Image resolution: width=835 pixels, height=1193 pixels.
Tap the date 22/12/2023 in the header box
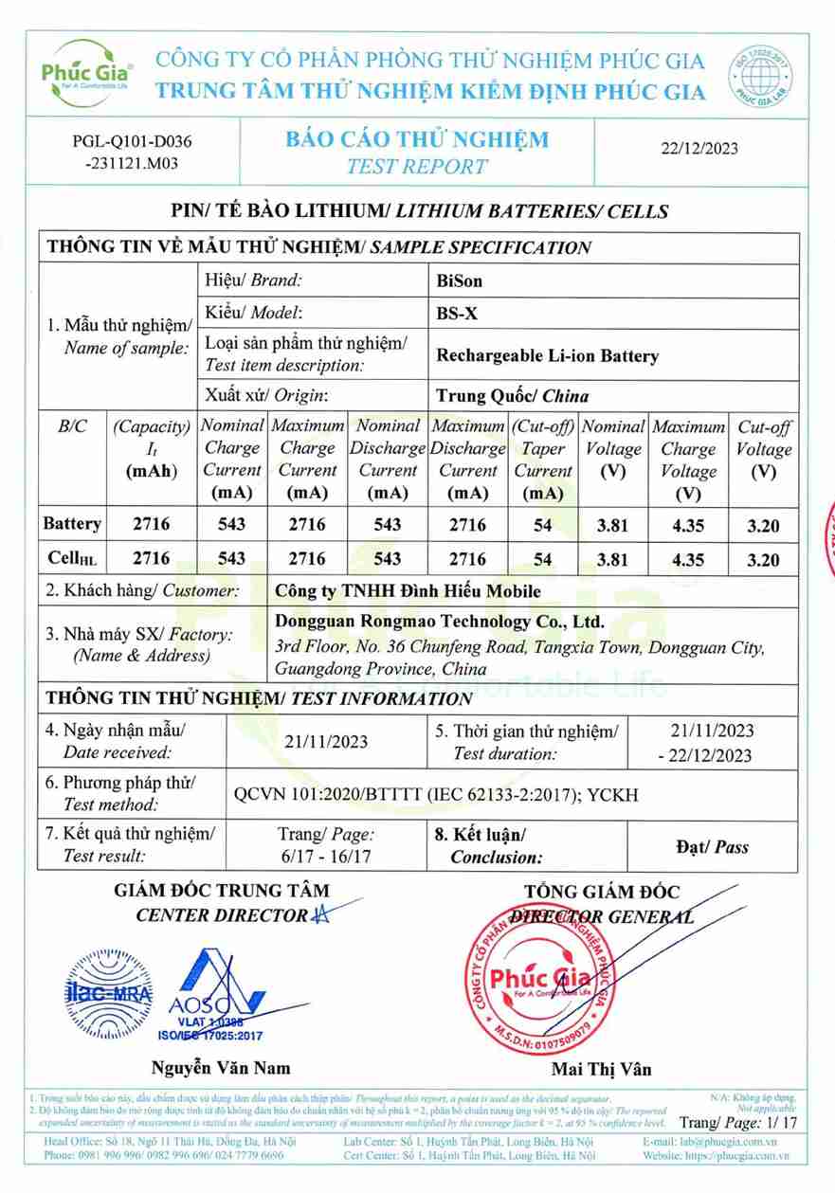[x=699, y=148]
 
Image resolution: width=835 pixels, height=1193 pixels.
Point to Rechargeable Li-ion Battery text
[x=547, y=356]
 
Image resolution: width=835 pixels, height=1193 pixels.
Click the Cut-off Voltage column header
[x=763, y=449]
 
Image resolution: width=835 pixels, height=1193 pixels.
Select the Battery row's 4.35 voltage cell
[x=687, y=525]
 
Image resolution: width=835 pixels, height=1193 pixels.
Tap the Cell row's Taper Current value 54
[x=542, y=560]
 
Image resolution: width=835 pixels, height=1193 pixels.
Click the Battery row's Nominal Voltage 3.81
[x=612, y=525]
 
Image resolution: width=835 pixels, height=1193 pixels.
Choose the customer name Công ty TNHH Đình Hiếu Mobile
[x=407, y=591]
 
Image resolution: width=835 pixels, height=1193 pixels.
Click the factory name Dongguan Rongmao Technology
[x=438, y=623]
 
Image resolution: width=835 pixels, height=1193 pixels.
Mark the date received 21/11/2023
[x=326, y=742]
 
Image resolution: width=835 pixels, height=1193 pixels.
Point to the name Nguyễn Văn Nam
[x=221, y=1067]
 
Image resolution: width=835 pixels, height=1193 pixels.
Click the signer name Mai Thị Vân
[x=602, y=1070]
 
